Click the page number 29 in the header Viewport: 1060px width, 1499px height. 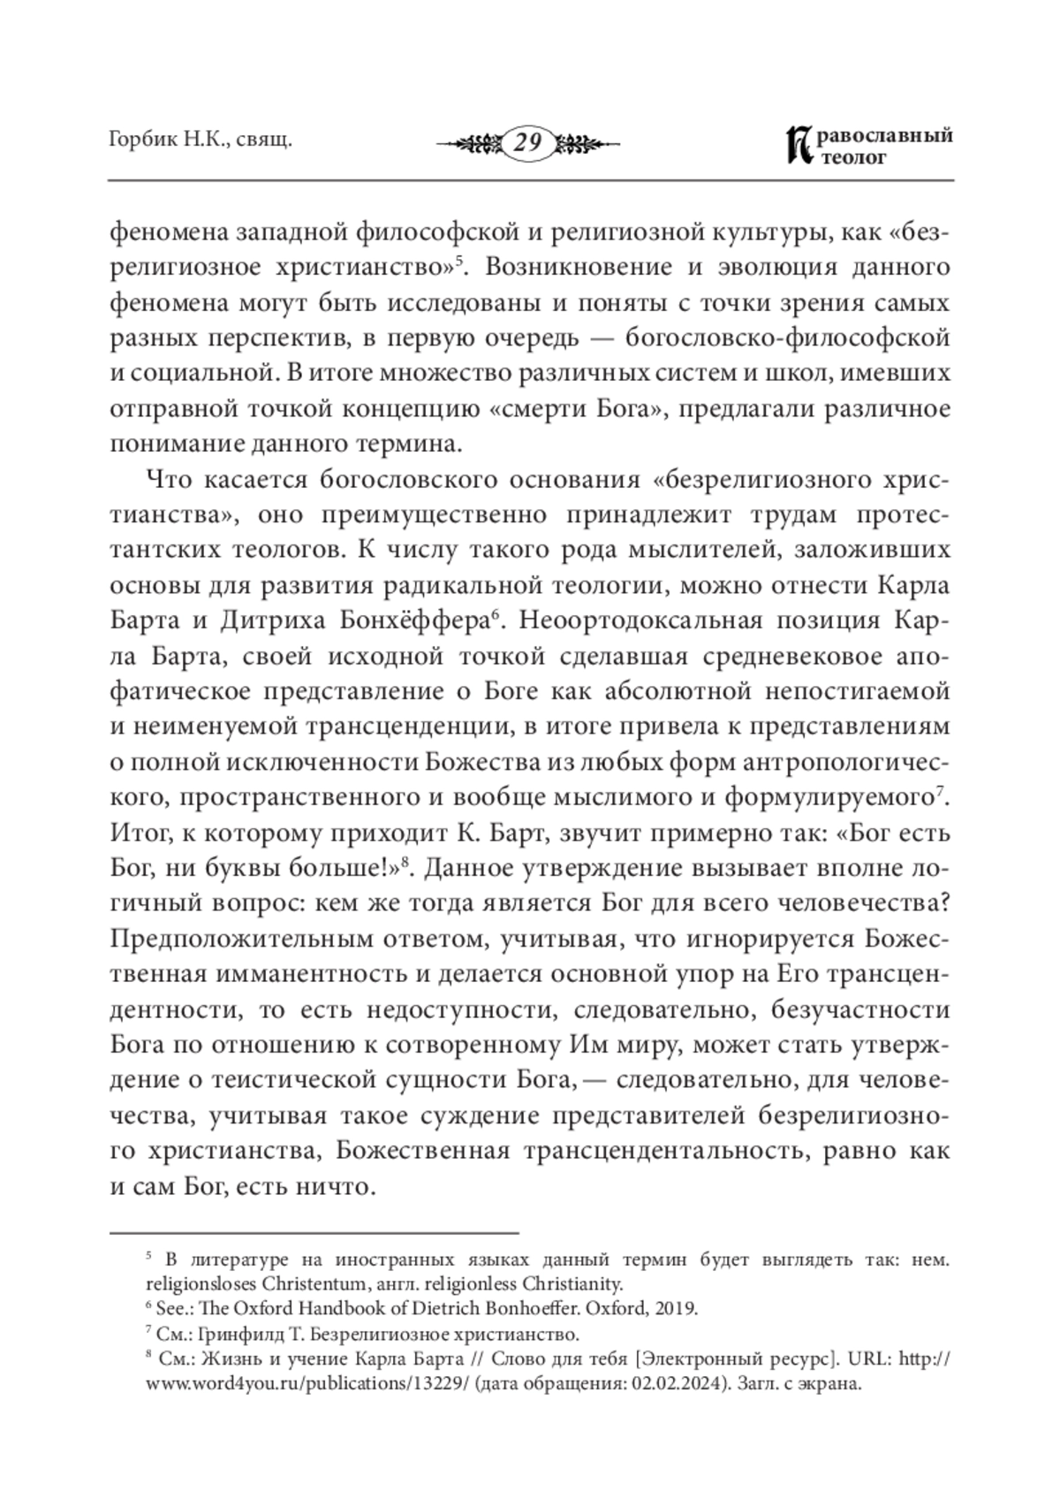tap(527, 142)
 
